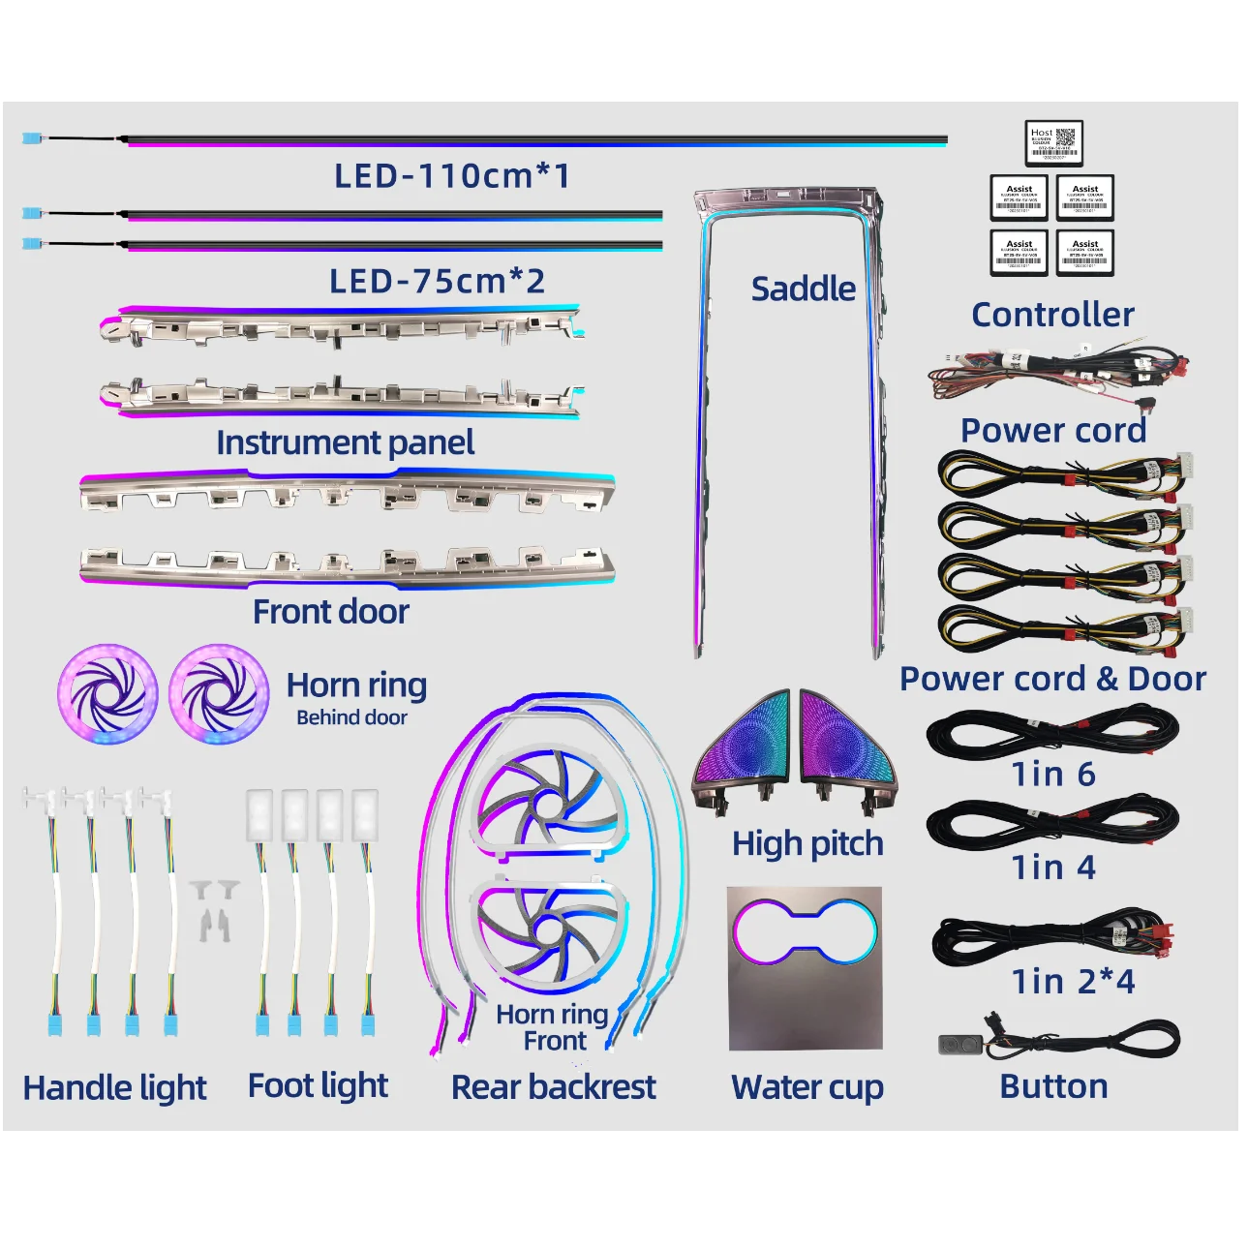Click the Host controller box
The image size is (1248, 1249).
(1053, 143)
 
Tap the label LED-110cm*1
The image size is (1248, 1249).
(452, 176)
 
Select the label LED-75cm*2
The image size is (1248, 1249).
(438, 282)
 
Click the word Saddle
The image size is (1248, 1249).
(803, 289)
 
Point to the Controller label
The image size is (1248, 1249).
(1052, 315)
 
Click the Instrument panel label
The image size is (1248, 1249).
(345, 442)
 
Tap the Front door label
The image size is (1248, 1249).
(331, 612)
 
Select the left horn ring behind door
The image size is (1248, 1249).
(107, 693)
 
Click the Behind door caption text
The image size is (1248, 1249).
(351, 717)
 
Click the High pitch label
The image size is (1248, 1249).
(807, 843)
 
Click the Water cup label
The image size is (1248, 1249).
(807, 1087)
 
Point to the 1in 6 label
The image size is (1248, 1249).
(1053, 775)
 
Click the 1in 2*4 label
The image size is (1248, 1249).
(1073, 982)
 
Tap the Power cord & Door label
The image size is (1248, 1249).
(1052, 679)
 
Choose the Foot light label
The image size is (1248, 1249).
(318, 1086)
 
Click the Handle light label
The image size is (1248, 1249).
(115, 1088)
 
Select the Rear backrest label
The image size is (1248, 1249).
(553, 1087)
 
